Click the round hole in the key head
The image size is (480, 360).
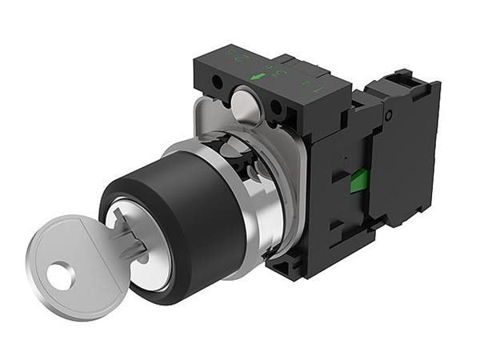[x=60, y=276]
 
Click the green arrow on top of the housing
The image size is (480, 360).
[x=258, y=77]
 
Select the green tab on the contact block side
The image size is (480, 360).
[x=359, y=181]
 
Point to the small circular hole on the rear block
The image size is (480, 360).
[x=388, y=116]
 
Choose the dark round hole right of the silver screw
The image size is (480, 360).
[x=276, y=106]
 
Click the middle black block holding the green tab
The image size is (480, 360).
[x=340, y=192]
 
